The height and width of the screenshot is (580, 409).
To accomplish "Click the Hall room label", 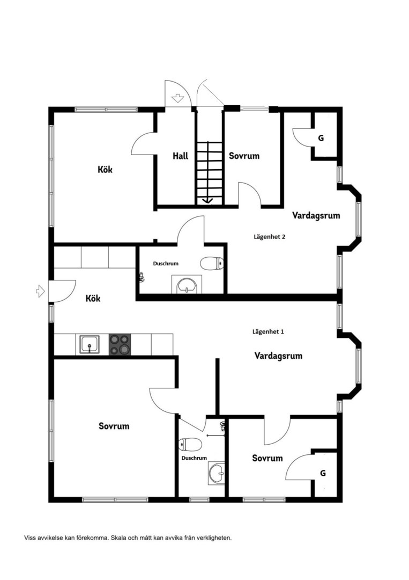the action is coord(181,156).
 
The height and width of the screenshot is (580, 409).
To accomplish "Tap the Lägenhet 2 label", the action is coord(269,237).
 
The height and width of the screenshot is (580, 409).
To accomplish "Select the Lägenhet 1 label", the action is coord(268,332).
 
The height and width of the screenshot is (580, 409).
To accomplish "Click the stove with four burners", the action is coord(120,344).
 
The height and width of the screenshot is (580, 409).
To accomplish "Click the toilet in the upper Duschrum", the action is coord(212,263).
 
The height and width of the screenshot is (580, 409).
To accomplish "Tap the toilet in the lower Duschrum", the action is coord(190,445).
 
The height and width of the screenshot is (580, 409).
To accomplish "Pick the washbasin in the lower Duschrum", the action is coord(217,473).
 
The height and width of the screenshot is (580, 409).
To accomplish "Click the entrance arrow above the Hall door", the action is coord(178,98).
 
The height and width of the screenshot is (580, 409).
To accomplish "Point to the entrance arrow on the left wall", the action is coord(40,291).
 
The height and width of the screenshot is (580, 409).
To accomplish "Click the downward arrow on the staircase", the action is coord(208,200).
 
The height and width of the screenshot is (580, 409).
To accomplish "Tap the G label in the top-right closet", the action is coord(321,138).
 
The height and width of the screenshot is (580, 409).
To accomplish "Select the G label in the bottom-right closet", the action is coord(323,473).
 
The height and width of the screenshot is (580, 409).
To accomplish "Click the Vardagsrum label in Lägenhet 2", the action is coord(316,215).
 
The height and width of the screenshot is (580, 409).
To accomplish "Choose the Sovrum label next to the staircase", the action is coord(244,156).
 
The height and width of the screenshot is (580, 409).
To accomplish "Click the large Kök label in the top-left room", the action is coord(105,170).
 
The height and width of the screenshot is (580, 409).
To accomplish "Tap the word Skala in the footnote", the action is coord(119,538).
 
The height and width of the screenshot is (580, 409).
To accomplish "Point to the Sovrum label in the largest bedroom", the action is coord(114,426).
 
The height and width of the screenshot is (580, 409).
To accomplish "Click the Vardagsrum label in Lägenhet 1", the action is coord(278,356).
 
